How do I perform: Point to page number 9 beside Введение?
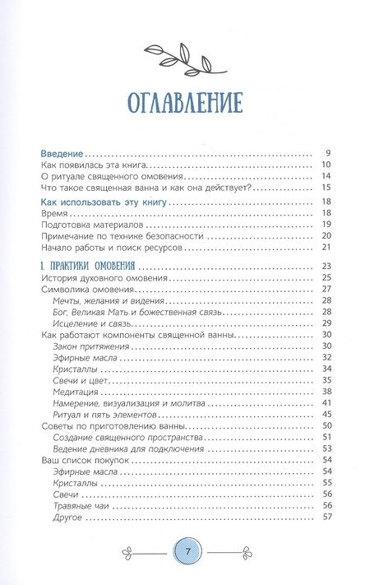327,154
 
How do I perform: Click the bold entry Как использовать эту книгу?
104,200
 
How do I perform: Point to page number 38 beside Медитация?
325,392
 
